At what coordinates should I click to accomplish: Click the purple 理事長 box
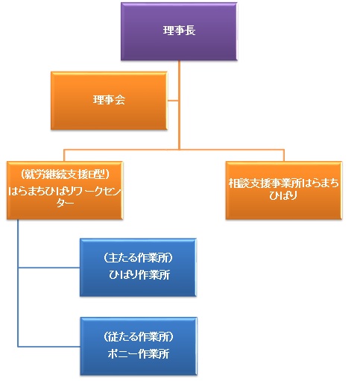click(179, 31)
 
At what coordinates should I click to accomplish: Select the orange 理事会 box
click(109, 101)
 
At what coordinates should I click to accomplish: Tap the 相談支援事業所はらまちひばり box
click(284, 190)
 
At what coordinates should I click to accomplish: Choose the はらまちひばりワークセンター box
click(65, 190)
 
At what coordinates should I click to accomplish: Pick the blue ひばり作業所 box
click(138, 268)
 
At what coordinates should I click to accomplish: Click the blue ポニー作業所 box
click(139, 346)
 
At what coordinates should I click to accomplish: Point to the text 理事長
click(179, 31)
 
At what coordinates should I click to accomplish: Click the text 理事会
click(109, 100)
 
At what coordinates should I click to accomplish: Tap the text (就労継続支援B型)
click(65, 174)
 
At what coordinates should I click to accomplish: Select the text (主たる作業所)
click(139, 258)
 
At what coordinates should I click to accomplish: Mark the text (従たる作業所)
click(139, 336)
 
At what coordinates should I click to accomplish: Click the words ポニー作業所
click(139, 353)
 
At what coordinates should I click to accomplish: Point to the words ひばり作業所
click(139, 275)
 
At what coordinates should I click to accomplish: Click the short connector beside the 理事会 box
click(173, 101)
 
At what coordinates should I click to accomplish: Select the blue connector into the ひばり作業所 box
click(49, 268)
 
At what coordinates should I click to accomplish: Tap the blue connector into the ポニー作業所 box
click(49, 347)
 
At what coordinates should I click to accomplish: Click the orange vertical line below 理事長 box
click(179, 105)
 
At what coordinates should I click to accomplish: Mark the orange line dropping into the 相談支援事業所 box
click(284, 156)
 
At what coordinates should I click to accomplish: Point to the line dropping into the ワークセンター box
click(64, 156)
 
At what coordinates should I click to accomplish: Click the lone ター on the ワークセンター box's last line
click(65, 204)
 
